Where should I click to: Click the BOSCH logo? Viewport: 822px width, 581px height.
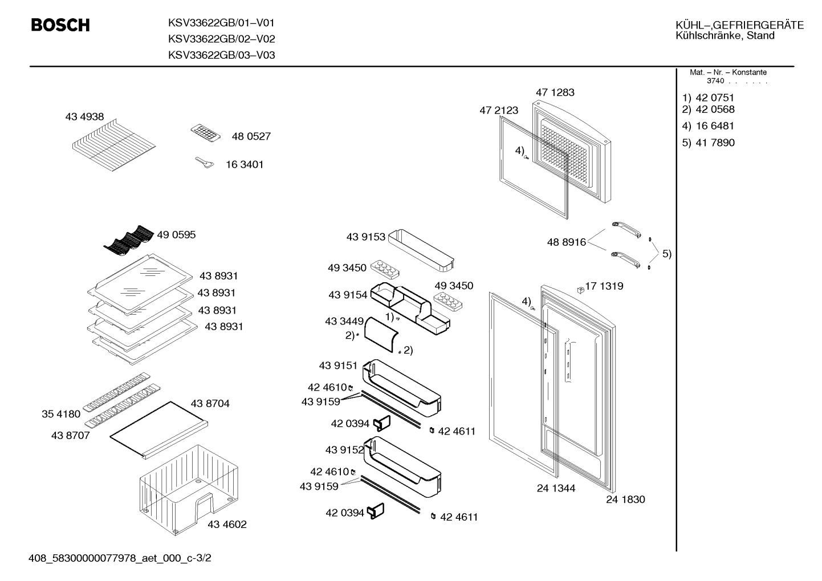pyautogui.click(x=60, y=25)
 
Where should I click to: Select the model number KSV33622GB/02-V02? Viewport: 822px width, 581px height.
pyautogui.click(x=221, y=39)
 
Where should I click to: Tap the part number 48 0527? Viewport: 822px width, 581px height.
pyautogui.click(x=251, y=136)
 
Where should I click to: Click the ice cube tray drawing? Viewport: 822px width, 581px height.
pyautogui.click(x=205, y=132)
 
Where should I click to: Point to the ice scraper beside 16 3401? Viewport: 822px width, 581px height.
pyautogui.click(x=205, y=162)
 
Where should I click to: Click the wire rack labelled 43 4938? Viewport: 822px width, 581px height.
pyautogui.click(x=114, y=145)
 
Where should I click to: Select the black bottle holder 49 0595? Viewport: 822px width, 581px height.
pyautogui.click(x=128, y=240)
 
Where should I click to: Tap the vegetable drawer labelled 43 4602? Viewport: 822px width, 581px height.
pyautogui.click(x=189, y=490)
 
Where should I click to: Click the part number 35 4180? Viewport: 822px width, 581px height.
pyautogui.click(x=61, y=414)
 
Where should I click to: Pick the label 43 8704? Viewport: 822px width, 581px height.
pyautogui.click(x=210, y=404)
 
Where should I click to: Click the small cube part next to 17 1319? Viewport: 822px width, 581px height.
pyautogui.click(x=580, y=290)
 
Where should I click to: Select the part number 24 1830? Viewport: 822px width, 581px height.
pyautogui.click(x=625, y=499)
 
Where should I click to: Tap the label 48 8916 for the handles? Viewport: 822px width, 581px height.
pyautogui.click(x=566, y=242)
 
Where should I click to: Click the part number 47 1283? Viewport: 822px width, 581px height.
pyautogui.click(x=555, y=92)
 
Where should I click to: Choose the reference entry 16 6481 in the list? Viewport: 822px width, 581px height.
pyautogui.click(x=715, y=126)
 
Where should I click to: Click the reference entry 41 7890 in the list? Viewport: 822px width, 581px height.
pyautogui.click(x=715, y=143)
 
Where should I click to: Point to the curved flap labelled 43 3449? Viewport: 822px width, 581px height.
pyautogui.click(x=381, y=335)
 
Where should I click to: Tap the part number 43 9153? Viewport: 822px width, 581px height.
pyautogui.click(x=366, y=237)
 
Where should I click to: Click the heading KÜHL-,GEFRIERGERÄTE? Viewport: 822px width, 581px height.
pyautogui.click(x=740, y=25)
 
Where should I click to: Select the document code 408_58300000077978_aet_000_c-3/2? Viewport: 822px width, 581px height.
pyautogui.click(x=120, y=558)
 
